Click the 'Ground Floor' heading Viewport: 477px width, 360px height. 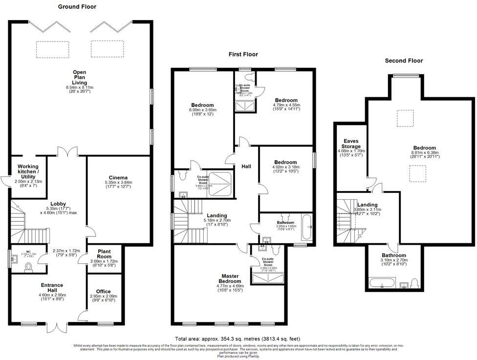(x=77, y=7)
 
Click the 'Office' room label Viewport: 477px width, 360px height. (x=103, y=291)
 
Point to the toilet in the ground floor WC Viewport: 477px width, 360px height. (x=28, y=267)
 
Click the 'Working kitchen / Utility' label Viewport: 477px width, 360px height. (x=27, y=171)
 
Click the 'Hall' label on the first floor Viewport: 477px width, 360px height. (x=246, y=167)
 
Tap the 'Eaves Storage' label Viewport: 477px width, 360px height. (x=351, y=143)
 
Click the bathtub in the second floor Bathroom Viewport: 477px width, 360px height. (x=378, y=283)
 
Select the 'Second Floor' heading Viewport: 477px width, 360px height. (x=404, y=61)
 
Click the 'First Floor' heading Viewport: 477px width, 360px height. (x=243, y=54)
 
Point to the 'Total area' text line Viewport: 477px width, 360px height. (x=237, y=339)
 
